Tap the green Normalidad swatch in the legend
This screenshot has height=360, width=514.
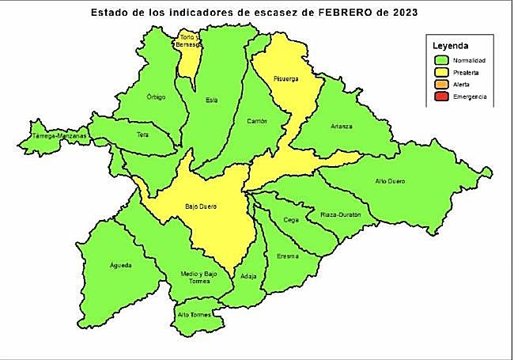coord(441,60)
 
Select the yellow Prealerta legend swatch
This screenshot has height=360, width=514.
coord(441,72)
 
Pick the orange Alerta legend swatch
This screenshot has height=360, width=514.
coord(441,84)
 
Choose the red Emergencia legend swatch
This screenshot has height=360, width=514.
coord(441,97)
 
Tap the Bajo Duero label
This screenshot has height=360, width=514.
coord(201,207)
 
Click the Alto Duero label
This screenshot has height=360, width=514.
coord(390,181)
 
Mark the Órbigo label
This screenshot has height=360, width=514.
coord(157,97)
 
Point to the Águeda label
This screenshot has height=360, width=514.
coord(121,264)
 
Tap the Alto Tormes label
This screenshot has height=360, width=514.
coord(195,314)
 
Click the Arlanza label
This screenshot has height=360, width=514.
coord(342,127)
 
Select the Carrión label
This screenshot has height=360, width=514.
coord(257,121)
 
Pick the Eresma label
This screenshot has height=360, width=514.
coord(288,256)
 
